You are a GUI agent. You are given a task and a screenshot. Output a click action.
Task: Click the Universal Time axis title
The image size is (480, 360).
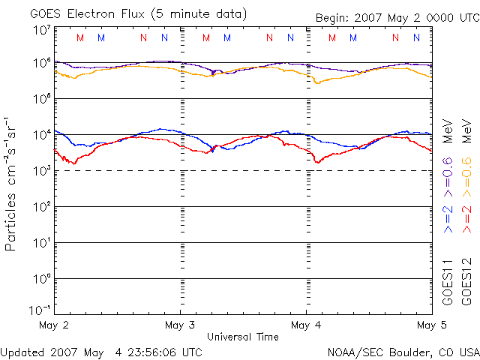(x=243, y=337)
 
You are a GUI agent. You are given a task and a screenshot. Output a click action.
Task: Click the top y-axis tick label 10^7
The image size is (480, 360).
(x=42, y=30)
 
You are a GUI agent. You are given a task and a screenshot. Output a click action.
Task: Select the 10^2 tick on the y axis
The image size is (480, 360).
(x=42, y=206)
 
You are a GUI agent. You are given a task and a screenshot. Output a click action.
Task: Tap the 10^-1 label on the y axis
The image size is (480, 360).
(x=42, y=309)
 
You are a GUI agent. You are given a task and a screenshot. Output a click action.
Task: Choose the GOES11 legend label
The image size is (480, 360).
(x=448, y=282)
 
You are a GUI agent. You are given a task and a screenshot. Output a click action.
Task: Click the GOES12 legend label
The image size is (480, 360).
(x=466, y=282)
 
